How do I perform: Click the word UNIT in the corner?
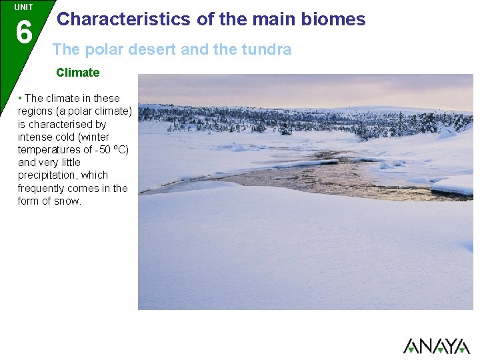[23, 7]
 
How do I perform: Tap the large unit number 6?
[23, 31]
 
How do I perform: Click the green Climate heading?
[77, 73]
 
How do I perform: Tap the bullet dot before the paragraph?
[20, 99]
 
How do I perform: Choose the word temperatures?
[49, 149]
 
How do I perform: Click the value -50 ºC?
[111, 149]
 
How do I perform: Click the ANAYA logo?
[436, 345]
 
